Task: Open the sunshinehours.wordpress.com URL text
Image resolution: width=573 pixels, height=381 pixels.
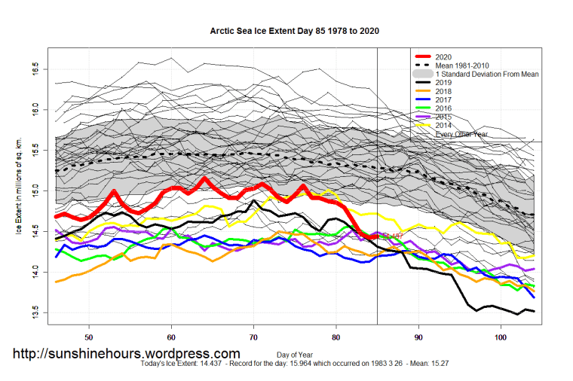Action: tap(127, 353)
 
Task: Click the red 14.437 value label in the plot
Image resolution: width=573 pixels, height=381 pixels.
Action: tap(391, 237)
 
